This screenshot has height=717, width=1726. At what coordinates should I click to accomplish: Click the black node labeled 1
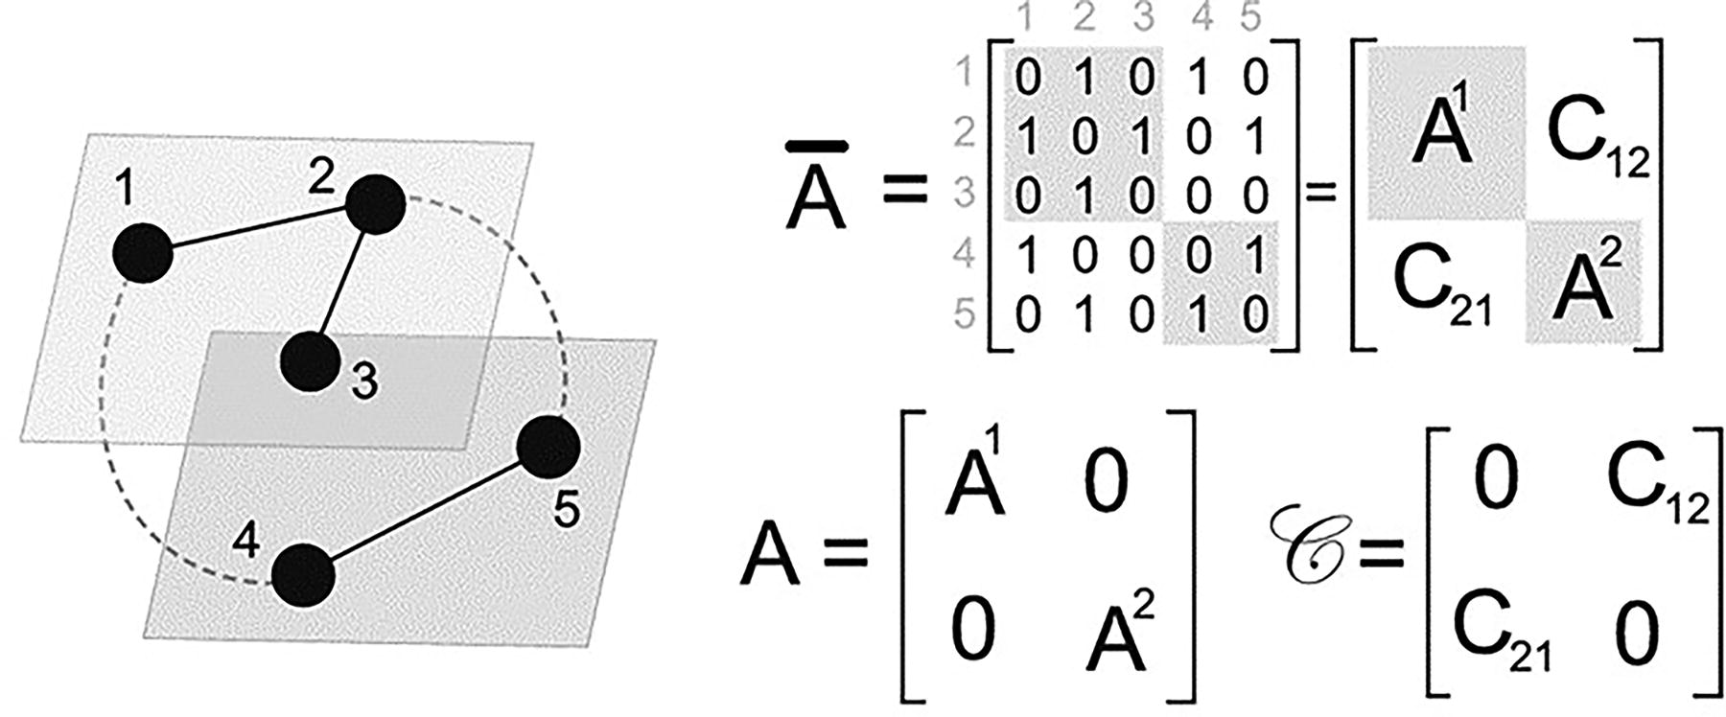[x=143, y=252]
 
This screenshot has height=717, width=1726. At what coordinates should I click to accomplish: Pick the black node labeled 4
[x=303, y=575]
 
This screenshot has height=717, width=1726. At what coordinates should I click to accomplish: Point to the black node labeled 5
[x=548, y=447]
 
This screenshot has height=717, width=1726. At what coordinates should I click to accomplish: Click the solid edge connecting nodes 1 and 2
[x=259, y=228]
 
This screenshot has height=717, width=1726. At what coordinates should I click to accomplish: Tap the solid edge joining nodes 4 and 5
[x=426, y=511]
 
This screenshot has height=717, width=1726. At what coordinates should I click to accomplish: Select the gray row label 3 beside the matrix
[x=964, y=193]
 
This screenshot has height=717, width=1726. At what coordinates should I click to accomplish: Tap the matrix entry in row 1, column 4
[x=1196, y=77]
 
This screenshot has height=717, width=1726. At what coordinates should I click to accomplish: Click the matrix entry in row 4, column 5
[x=1254, y=255]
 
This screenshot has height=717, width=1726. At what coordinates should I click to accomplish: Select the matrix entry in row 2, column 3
[x=1141, y=135]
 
